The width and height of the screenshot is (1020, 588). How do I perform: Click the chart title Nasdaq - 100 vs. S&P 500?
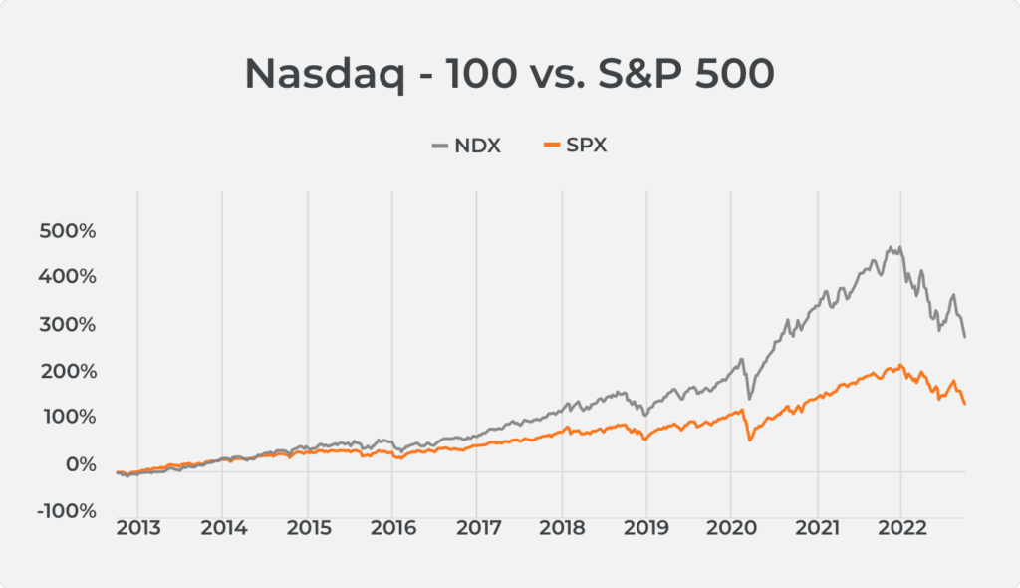pos(509,76)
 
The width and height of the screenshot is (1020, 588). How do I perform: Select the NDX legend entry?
pos(466,147)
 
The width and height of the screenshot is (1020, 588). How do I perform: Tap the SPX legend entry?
pos(575,147)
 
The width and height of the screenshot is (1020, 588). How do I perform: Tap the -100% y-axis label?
pos(66,510)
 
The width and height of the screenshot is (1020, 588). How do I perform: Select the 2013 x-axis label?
pos(137,528)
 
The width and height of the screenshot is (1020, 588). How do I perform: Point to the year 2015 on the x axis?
pos(308,528)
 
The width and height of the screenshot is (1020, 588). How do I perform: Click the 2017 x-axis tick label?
pos(478,528)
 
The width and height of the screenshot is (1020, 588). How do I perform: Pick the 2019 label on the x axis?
pos(647,528)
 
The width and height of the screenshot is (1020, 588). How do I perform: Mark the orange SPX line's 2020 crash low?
pos(749,440)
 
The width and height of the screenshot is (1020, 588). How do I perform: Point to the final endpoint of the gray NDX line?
pos(964,337)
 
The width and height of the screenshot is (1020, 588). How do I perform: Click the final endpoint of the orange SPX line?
pos(964,403)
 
